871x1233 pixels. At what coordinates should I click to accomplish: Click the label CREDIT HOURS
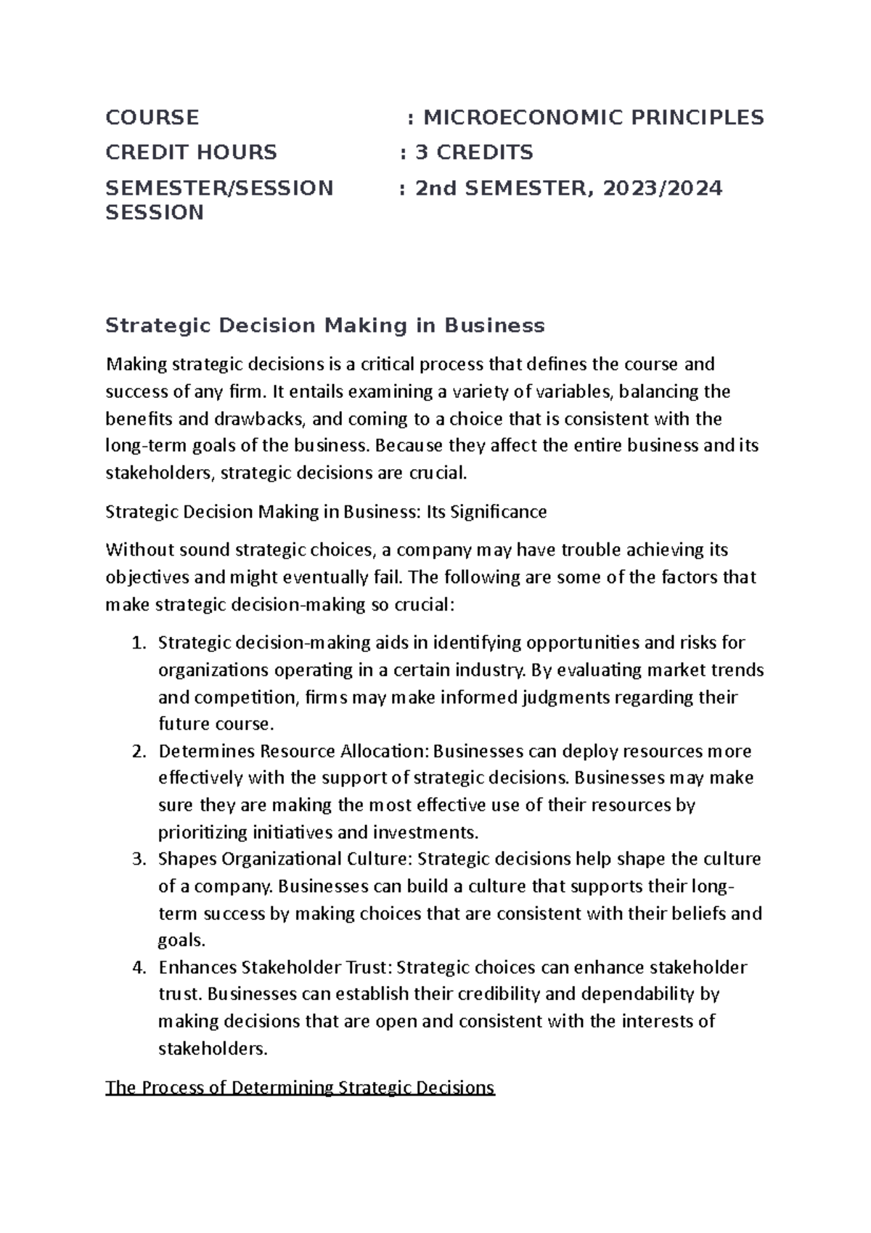[x=191, y=152]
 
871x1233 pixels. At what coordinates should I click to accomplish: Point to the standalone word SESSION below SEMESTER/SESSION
[x=155, y=213]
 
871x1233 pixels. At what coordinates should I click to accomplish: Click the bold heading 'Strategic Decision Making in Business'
[x=324, y=325]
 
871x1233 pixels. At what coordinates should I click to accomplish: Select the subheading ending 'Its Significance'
[x=326, y=512]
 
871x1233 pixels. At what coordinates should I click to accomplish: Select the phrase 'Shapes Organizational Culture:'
[x=285, y=859]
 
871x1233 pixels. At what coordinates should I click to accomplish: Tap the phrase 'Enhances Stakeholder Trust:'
[x=275, y=967]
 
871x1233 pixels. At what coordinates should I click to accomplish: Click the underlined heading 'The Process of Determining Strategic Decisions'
[x=300, y=1088]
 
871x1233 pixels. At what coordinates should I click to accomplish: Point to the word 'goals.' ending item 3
[x=181, y=940]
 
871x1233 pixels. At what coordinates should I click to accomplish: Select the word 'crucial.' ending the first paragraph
[x=439, y=473]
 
